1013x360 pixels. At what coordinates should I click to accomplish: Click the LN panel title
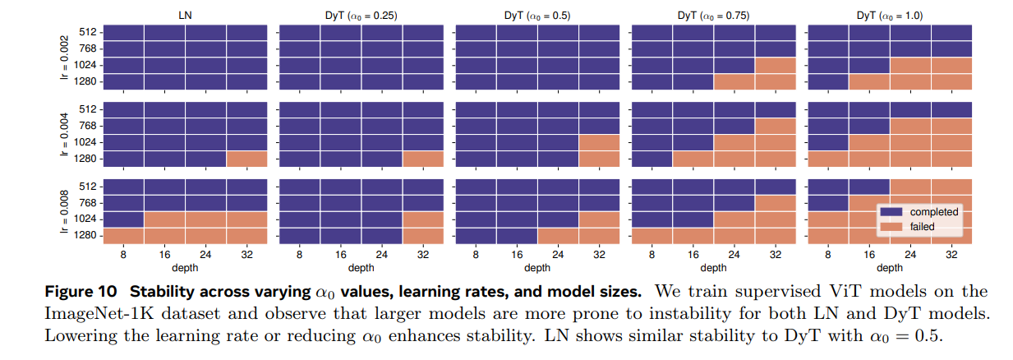186,15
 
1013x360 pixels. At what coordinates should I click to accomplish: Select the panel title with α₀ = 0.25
361,15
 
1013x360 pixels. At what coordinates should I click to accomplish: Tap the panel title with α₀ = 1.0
890,15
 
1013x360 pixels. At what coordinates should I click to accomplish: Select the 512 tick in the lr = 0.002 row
89,32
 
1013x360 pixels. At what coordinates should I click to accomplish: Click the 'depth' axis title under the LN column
186,268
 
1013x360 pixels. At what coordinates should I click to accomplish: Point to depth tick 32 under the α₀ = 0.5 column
599,256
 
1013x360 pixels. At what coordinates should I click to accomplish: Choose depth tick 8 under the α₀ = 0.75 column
652,256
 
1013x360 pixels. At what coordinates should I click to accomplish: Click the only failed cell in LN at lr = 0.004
246,159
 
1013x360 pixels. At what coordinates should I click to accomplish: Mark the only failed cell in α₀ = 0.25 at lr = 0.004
422,159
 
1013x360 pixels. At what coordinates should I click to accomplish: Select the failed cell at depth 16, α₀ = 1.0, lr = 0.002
869,82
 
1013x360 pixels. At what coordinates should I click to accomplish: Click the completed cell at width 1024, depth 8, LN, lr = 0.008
124,219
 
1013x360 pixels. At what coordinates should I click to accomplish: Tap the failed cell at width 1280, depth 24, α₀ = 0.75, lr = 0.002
734,82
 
